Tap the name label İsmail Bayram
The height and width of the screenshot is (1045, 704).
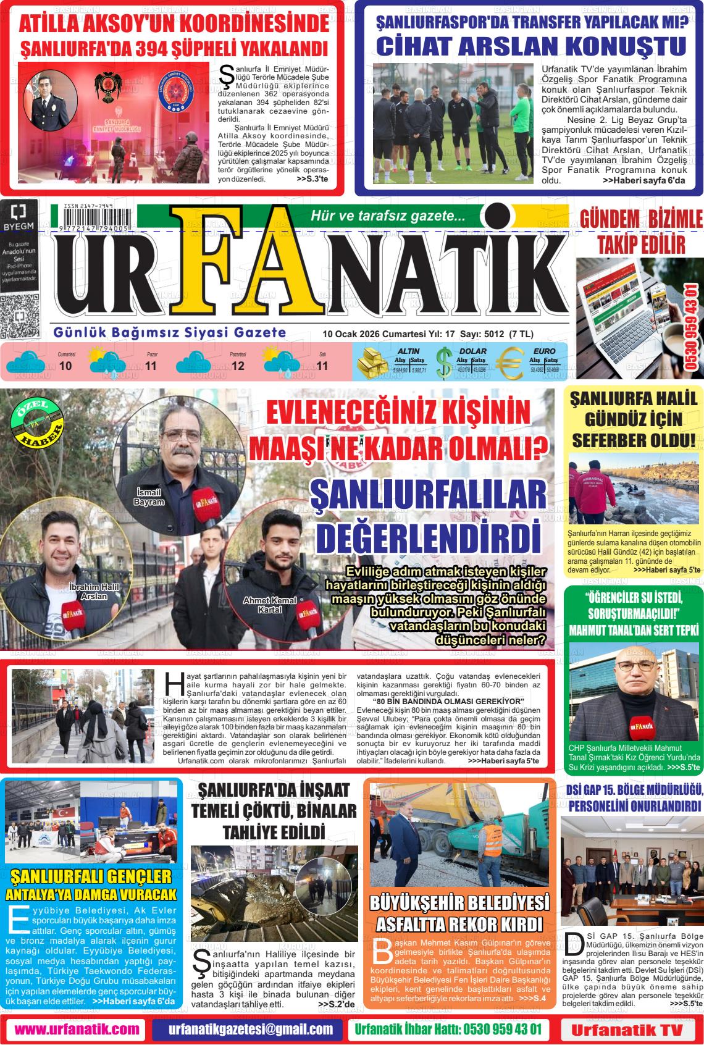pyautogui.click(x=149, y=497)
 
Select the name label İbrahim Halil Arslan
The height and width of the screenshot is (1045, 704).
pyautogui.click(x=88, y=591)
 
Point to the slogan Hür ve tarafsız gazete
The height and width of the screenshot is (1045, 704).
pyautogui.click(x=388, y=216)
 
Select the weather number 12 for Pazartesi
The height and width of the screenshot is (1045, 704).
pyautogui.click(x=238, y=366)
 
